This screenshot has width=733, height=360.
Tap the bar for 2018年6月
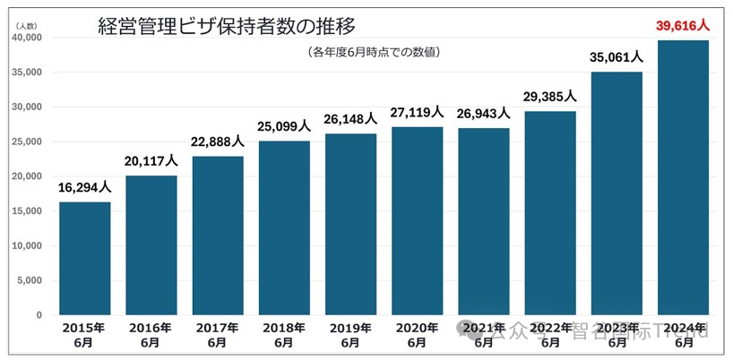[284, 227]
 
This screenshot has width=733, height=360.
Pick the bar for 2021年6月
[484, 221]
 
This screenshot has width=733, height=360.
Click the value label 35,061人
[617, 57]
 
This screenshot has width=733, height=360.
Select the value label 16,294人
[85, 188]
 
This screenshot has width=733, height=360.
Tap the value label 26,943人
[484, 114]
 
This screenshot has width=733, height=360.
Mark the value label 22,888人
[218, 142]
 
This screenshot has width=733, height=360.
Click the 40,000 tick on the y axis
[27, 38]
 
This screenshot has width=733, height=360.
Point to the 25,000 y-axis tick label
[27, 141]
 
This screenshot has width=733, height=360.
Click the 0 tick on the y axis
[39, 315]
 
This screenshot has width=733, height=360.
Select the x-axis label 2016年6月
[151, 335]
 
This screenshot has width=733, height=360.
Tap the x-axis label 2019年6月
[350, 335]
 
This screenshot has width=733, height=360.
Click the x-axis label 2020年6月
[417, 335]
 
